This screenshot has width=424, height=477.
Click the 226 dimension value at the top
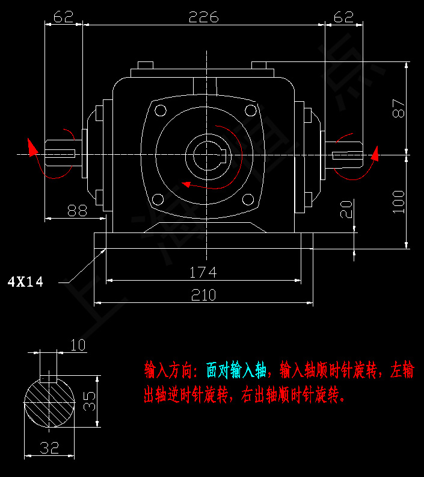[x=203, y=17]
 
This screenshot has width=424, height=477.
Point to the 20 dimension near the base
[x=346, y=210]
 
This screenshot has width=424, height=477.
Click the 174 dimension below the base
[x=203, y=272]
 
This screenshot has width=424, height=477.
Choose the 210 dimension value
[x=203, y=295]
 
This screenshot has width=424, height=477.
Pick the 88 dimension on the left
[x=77, y=210]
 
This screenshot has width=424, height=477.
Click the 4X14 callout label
[x=25, y=281]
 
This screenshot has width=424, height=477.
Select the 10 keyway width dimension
[x=78, y=345]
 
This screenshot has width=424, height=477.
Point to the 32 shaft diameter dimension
[x=50, y=447]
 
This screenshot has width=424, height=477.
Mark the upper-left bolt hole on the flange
[x=160, y=110]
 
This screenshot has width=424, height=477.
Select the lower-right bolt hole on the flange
[x=248, y=199]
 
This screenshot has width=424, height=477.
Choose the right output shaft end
[x=348, y=155]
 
